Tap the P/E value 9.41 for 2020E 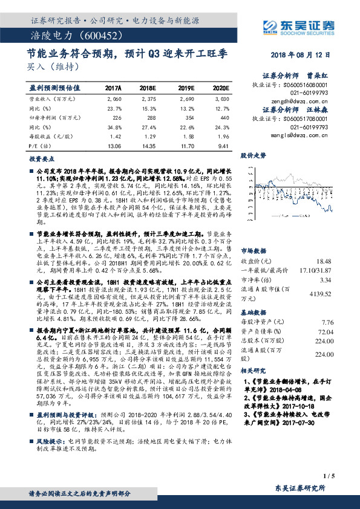[224, 145]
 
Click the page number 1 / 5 [345, 477]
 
